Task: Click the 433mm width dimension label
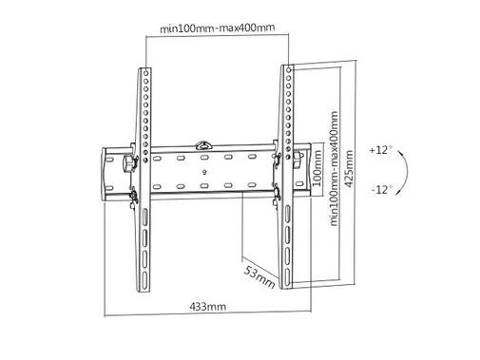click(207, 307)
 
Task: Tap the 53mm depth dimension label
click(259, 277)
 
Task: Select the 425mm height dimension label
click(349, 168)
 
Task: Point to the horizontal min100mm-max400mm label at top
click(217, 28)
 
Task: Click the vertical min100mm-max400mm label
click(334, 168)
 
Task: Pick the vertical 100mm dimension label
click(317, 168)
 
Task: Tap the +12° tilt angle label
click(380, 150)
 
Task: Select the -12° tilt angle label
click(382, 190)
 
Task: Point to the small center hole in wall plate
click(204, 172)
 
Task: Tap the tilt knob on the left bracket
click(128, 163)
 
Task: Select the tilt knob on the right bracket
click(298, 160)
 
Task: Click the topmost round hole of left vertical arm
click(146, 73)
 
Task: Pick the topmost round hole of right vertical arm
click(288, 69)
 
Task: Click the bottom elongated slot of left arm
click(144, 279)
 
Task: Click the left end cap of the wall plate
click(104, 174)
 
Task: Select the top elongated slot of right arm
click(287, 214)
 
